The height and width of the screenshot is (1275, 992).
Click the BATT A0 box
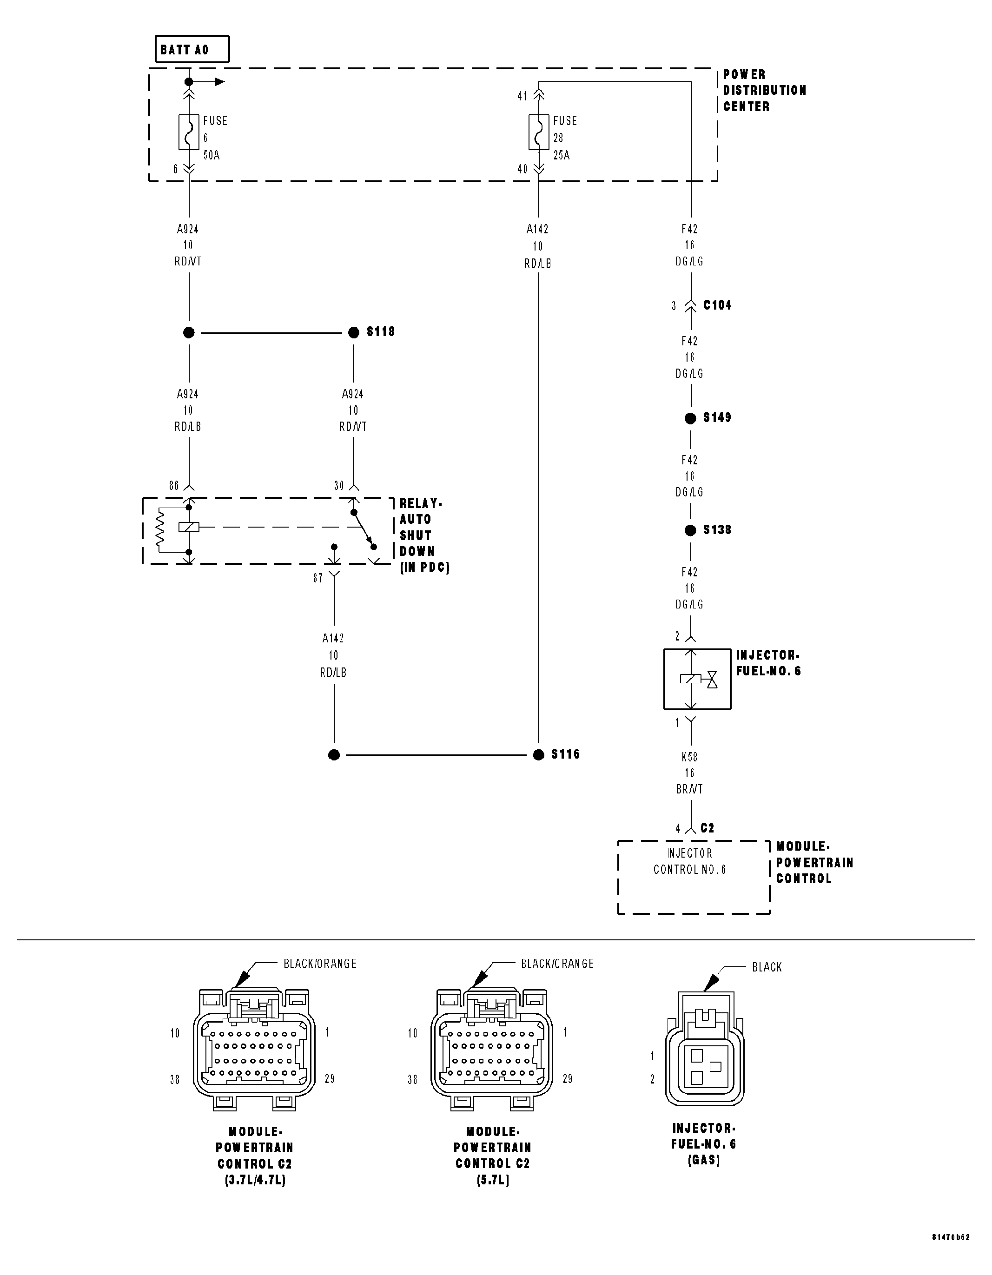(x=192, y=50)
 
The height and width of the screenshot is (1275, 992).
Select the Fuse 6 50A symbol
(x=189, y=132)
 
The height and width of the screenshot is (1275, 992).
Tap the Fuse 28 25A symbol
(x=538, y=132)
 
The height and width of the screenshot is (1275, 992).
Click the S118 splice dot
(x=353, y=333)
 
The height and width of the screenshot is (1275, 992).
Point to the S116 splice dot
(x=538, y=755)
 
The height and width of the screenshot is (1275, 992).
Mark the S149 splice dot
(x=690, y=418)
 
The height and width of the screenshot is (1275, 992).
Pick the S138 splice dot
(x=690, y=530)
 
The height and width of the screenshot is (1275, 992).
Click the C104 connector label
(x=717, y=305)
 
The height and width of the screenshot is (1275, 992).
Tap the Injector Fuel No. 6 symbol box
(x=697, y=679)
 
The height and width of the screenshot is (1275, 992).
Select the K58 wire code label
(x=689, y=757)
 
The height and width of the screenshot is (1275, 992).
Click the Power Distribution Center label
(x=764, y=91)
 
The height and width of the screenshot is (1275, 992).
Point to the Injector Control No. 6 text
(x=689, y=862)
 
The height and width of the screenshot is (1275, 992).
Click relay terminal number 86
(x=174, y=486)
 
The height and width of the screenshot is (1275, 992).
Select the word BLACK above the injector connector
(x=766, y=967)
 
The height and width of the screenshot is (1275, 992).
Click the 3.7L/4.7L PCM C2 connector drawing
(x=254, y=1051)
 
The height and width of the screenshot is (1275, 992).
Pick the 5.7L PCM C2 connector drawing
(x=492, y=1051)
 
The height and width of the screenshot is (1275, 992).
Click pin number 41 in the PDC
(x=522, y=96)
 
